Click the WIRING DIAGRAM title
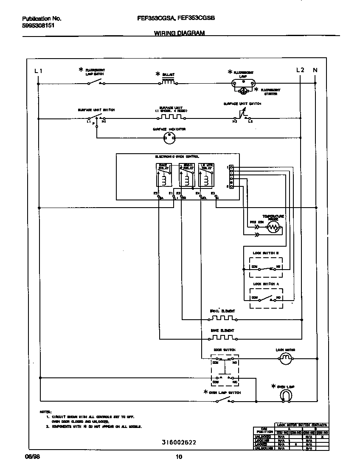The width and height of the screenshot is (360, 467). coord(179,33)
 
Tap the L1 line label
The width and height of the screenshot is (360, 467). coord(38,70)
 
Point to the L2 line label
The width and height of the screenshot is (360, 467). coord(300,70)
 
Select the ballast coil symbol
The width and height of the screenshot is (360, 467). coord(168,82)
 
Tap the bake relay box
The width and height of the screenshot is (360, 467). coord(163,175)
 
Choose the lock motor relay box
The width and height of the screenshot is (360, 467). coord(206,175)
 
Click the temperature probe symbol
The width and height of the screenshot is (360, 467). coord(273,228)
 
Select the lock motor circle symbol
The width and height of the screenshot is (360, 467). coord(286,360)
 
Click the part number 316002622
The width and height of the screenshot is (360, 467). coord(179,442)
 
